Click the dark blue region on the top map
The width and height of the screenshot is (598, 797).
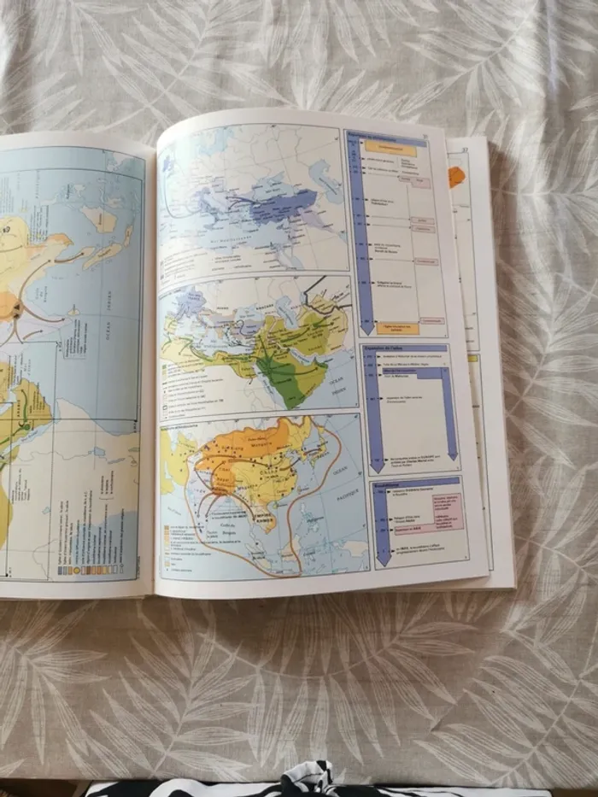(x=282, y=208)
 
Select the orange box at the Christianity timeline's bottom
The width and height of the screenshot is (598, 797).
(x=398, y=328)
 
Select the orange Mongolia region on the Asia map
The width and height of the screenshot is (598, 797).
(x=256, y=443)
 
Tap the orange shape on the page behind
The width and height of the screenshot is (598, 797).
(x=456, y=175)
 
